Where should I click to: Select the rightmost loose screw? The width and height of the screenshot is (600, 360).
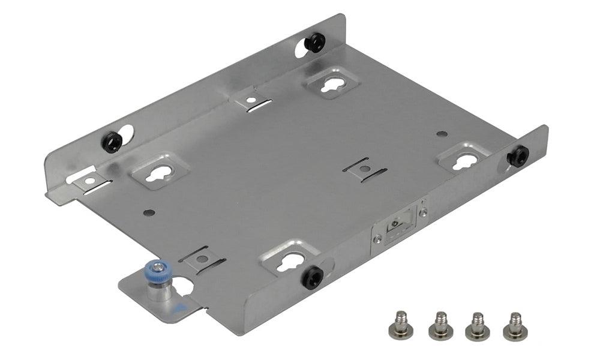pyautogui.click(x=515, y=325)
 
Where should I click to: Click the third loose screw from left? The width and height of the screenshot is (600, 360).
pyautogui.click(x=477, y=325)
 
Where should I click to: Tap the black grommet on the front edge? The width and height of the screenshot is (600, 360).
pyautogui.click(x=313, y=277)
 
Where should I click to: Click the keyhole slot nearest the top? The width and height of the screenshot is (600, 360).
pyautogui.click(x=330, y=86)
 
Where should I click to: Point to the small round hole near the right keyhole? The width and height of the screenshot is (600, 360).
pyautogui.click(x=442, y=134)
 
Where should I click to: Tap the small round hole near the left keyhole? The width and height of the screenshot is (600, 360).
pyautogui.click(x=149, y=212)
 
